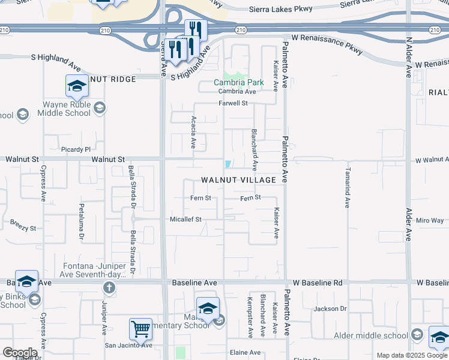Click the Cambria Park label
[x=240, y=82]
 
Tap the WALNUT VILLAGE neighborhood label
[x=238, y=180]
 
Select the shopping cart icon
[x=140, y=328]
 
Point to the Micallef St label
[x=185, y=220]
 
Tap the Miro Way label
[x=430, y=221]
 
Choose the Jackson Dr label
[x=330, y=309]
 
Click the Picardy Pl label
[x=75, y=149]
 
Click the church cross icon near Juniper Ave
[x=108, y=287]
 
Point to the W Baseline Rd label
[x=318, y=282]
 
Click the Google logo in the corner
[x=20, y=353]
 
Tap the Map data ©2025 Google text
[x=411, y=355]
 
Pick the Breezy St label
[x=23, y=229]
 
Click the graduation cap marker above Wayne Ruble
[x=76, y=86]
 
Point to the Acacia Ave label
[x=193, y=133]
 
